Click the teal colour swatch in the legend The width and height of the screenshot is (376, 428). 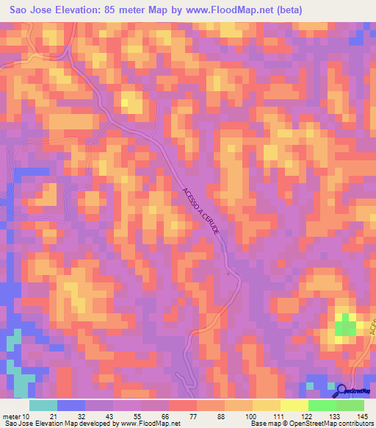[43, 405]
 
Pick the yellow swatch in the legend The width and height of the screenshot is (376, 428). [267, 405]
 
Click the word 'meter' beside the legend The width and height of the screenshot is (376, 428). [11, 417]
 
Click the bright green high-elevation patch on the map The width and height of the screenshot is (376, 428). [344, 325]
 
